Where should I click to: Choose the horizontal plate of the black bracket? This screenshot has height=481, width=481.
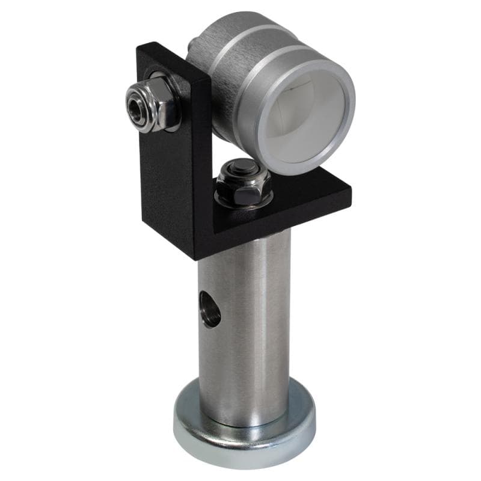[x=301, y=198]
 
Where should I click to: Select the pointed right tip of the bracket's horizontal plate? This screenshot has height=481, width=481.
[x=351, y=192]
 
